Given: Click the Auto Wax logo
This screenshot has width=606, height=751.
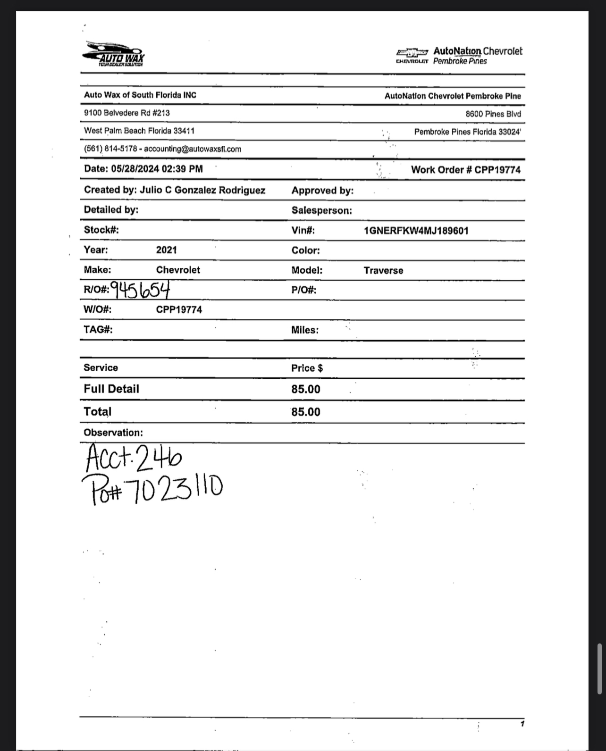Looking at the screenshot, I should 114,54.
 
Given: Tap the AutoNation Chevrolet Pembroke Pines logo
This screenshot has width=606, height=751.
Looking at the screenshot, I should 459,55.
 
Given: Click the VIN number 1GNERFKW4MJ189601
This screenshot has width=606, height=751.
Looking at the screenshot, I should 416,231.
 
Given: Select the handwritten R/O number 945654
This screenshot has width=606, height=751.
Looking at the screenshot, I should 140,289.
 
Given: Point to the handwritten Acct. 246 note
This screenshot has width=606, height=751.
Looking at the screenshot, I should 134,459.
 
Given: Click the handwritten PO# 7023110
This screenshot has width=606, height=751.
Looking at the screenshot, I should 152,489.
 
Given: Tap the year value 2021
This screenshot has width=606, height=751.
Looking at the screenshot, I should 166,250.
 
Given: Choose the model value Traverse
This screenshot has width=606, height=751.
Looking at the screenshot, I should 383,270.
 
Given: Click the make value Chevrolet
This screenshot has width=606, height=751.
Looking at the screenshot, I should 178,270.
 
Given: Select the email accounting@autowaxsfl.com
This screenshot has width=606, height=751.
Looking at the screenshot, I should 193,149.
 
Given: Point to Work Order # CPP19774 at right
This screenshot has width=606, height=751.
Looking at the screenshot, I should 465,170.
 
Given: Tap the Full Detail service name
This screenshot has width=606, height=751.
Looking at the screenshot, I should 111,389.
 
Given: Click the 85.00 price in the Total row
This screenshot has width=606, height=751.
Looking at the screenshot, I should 305,412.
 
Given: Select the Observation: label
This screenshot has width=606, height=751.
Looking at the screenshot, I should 113,433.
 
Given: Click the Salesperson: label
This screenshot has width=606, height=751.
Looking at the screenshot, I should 321,210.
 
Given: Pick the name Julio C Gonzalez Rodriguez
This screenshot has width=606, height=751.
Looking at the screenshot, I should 202,190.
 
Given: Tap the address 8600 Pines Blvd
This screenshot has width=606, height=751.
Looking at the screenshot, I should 493,114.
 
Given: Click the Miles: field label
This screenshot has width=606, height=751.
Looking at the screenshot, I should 304,330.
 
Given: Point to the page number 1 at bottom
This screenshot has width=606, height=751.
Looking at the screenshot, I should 522,724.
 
